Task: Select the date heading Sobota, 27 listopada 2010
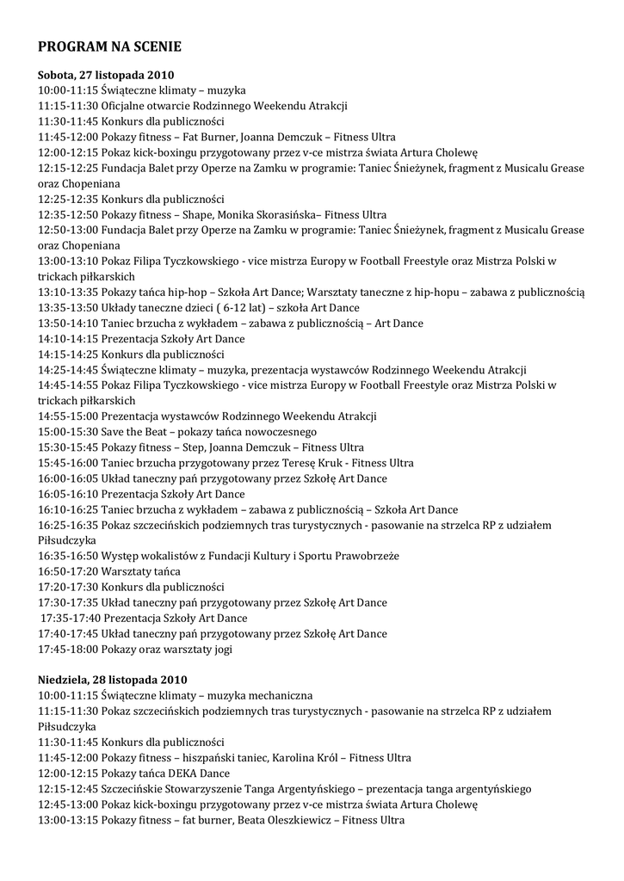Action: (106, 75)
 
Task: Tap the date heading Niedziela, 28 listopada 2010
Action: (112, 680)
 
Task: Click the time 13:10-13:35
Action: (68, 293)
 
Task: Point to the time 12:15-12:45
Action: (68, 789)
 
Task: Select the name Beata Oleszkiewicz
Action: (284, 820)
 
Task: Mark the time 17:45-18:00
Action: (68, 650)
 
